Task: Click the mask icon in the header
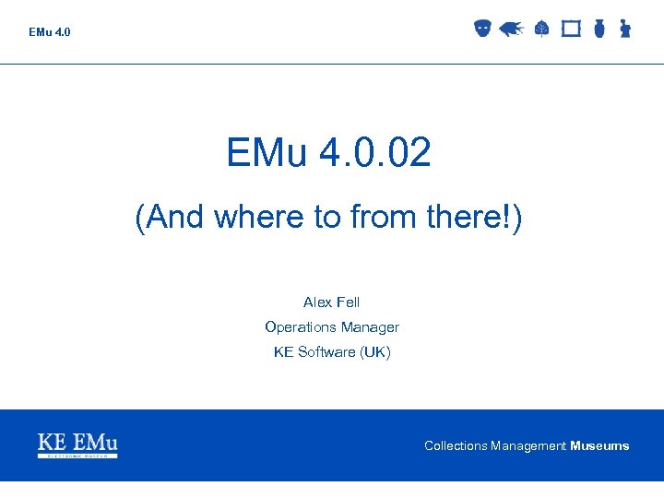coord(481,29)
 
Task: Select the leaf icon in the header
coord(541,30)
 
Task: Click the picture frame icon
coord(571,29)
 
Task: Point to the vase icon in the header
coord(599,29)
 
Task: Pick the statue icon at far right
coord(625,29)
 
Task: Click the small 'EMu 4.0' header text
coord(49,32)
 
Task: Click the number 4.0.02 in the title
coord(375,153)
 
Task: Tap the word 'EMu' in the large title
coord(267,153)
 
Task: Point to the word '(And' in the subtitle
coord(171,218)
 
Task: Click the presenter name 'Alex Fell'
coord(332,302)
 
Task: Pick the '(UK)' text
coord(376,352)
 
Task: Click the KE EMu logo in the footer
coord(77,445)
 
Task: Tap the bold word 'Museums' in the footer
coord(599,446)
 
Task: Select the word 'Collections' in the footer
coord(456,446)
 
